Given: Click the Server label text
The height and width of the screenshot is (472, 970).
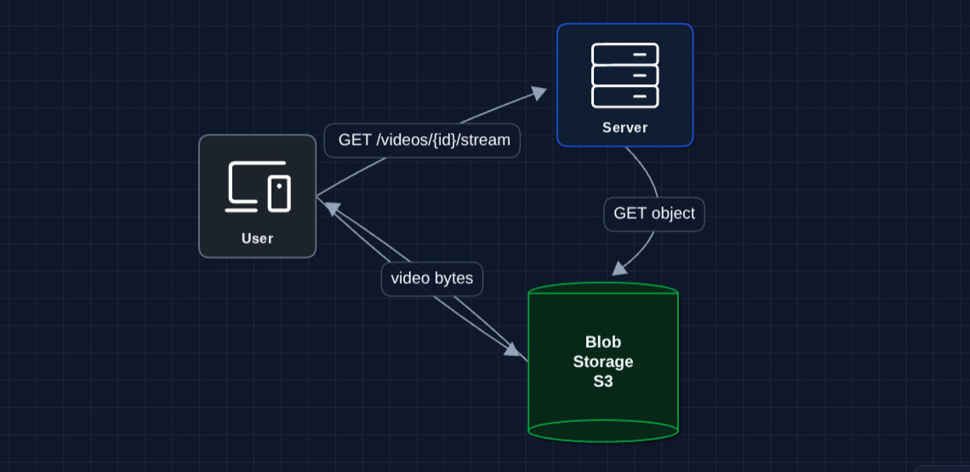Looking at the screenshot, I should click(625, 128).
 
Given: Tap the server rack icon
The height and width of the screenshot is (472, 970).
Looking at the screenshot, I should click(625, 76).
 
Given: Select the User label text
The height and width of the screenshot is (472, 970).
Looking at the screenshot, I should click(257, 239).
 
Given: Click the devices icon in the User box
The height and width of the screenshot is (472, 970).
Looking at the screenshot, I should click(257, 187).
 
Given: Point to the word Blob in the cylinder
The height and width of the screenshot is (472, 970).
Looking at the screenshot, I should click(603, 342).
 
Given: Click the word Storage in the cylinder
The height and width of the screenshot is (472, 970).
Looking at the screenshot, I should click(603, 362).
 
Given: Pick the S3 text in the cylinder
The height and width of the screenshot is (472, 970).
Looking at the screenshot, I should click(603, 382).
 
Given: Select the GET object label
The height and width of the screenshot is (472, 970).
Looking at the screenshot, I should click(654, 214).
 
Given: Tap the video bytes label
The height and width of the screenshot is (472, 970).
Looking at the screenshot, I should click(432, 279).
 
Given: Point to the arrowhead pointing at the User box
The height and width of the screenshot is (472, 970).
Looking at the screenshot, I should click(330, 207).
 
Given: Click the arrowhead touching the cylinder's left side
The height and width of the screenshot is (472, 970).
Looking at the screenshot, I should click(512, 349).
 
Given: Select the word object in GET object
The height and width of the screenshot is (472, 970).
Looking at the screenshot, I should click(673, 214).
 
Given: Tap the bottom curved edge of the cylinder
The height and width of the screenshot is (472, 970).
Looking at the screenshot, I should click(603, 440).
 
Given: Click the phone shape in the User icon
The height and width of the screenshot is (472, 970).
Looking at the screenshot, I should click(279, 193).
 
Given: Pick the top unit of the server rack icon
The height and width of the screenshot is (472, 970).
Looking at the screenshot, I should click(625, 55).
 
